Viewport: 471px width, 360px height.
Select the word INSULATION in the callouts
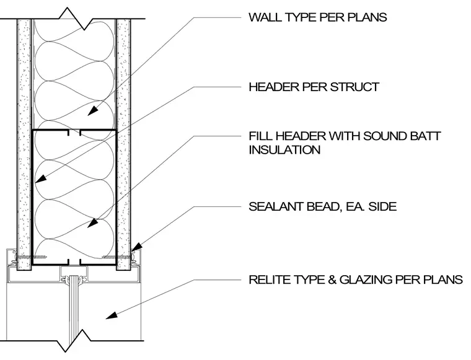coord(284,150)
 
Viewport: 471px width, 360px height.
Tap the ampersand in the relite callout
coord(332,280)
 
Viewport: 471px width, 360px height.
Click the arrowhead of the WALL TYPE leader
coord(93,111)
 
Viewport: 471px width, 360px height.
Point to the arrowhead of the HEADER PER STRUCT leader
coord(41,178)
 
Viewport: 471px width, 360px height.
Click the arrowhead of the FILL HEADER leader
coord(92,223)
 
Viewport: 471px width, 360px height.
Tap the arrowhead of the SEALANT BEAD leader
coord(137,247)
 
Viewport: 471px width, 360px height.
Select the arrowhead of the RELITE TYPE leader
coord(111,315)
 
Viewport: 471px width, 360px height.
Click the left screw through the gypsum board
coord(32,257)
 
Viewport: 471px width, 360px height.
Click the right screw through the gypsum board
coord(117,257)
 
